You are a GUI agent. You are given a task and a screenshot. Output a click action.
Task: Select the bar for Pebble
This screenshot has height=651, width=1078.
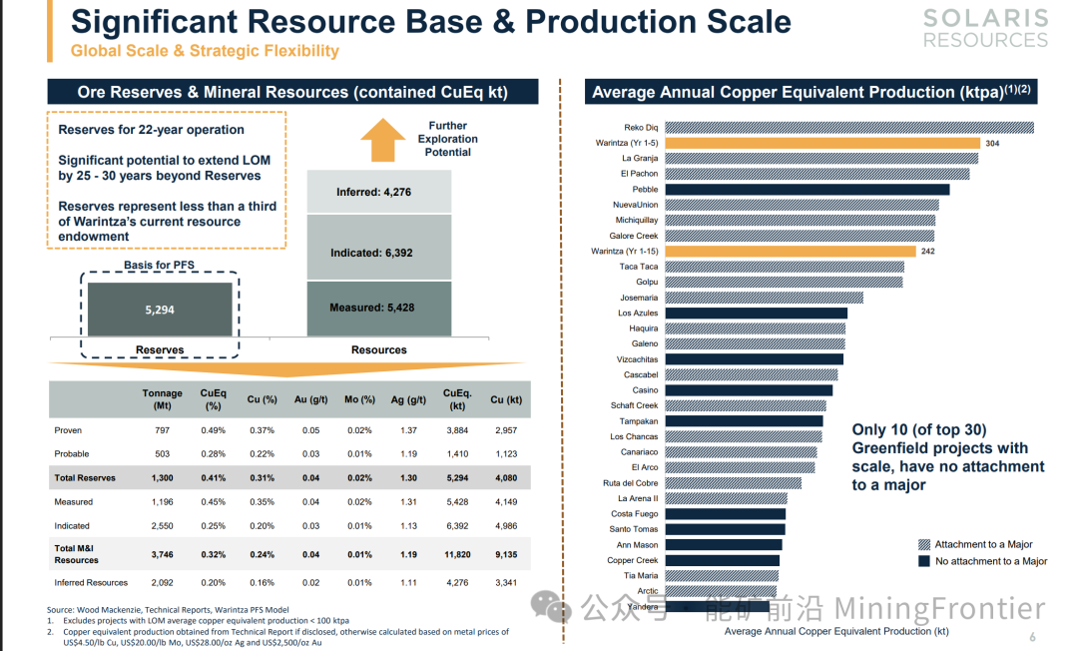807,190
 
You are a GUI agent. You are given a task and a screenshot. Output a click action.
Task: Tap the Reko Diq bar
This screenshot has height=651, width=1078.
848,127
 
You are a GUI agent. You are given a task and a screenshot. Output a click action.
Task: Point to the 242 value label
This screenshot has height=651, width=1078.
928,252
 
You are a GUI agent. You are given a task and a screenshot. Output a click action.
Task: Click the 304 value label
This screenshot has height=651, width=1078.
991,144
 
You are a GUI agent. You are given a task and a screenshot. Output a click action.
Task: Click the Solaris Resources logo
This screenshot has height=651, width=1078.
985,29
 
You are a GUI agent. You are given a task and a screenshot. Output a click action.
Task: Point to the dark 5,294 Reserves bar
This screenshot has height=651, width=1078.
160,310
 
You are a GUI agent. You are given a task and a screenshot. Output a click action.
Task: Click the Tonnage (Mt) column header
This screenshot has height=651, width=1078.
162,399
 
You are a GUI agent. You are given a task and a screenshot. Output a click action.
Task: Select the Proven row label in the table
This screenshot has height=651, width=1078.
68,430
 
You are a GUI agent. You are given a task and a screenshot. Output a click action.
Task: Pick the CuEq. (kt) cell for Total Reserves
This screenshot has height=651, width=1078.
457,478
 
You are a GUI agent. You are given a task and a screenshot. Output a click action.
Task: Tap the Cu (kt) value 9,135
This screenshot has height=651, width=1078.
506,554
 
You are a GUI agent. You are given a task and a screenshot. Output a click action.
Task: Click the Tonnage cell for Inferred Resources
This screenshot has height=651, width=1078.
162,582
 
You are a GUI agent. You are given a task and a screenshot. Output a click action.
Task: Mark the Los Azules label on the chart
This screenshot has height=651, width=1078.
638,314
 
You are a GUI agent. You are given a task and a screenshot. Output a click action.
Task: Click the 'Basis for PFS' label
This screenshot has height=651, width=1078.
160,265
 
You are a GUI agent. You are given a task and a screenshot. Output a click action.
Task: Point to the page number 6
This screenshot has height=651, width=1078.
1032,638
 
